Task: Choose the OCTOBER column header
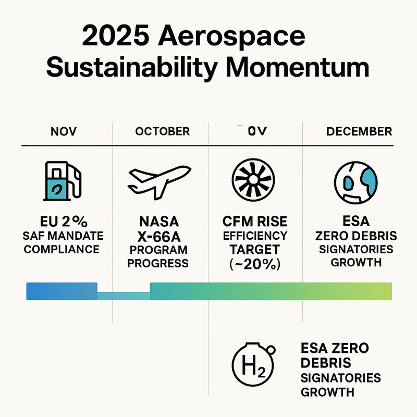pyautogui.click(x=162, y=131)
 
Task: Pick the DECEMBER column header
pyautogui.click(x=359, y=131)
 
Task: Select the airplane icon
pyautogui.click(x=158, y=181)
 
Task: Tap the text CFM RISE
pyautogui.click(x=254, y=221)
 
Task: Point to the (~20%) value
pyautogui.click(x=254, y=264)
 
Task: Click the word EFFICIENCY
pyautogui.click(x=254, y=235)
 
